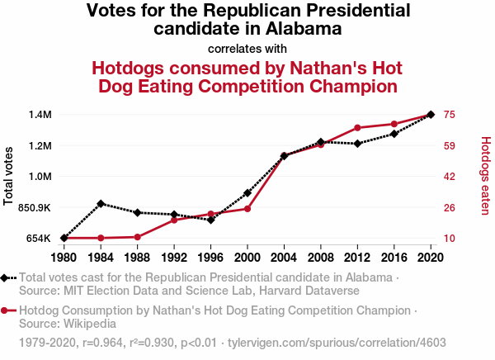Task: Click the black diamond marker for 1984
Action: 101,203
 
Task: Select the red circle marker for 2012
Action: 357,128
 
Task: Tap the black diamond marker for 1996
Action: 211,220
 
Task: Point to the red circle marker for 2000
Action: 247,208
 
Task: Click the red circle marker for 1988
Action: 137,237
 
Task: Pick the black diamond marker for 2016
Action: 394,134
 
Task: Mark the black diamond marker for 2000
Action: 247,192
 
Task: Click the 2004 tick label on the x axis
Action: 284,257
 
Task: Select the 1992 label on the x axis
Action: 174,257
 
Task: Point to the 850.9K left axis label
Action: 32,207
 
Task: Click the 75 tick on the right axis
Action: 450,114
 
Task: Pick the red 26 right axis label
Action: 450,207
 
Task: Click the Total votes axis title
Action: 9,176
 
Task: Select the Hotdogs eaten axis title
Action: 485,176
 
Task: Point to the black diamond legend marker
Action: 6,278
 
